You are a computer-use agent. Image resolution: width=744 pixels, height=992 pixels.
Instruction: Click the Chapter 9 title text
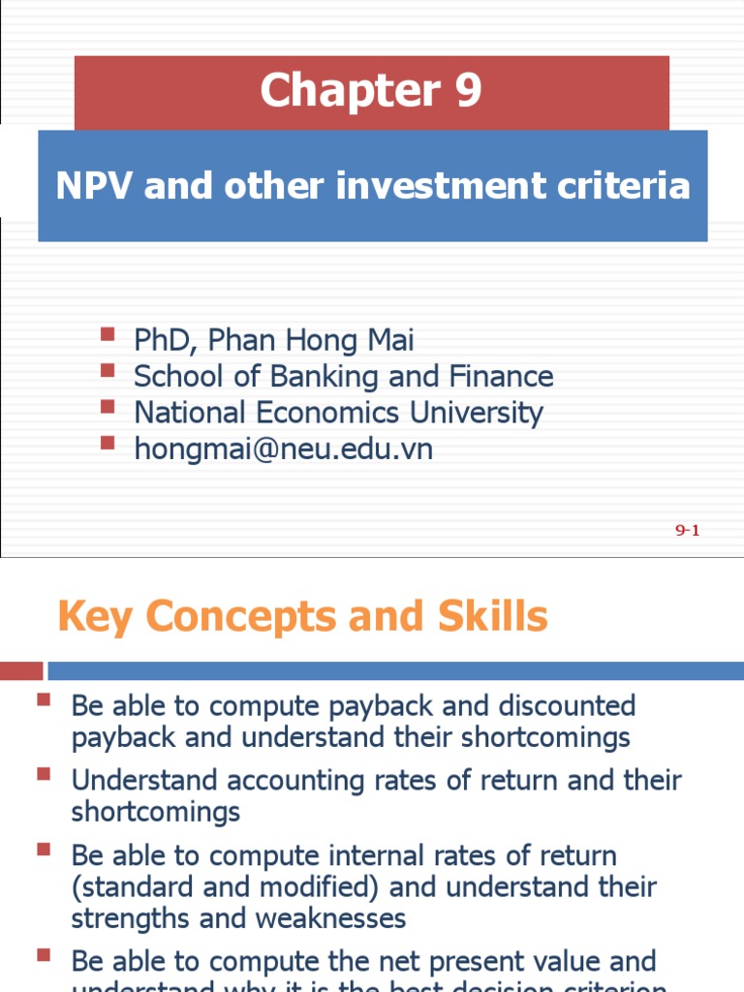pos(371,91)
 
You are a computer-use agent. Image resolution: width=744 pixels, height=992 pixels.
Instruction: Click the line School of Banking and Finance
pos(343,376)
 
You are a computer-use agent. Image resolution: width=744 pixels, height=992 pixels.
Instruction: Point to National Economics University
pos(338,413)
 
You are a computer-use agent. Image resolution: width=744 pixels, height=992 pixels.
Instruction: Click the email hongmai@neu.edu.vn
pos(283,449)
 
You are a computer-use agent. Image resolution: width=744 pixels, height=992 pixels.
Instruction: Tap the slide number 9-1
pos(687,529)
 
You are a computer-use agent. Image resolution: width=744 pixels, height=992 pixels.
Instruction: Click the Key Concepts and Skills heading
pos(302,616)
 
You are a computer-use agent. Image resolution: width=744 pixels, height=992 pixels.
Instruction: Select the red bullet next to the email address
pos(108,444)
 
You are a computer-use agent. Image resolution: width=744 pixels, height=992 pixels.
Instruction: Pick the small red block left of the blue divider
pos(21,670)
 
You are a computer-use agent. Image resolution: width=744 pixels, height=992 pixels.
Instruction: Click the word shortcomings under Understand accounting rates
pos(155,811)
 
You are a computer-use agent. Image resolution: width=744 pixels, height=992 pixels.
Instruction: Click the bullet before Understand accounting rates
pos(44,775)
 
